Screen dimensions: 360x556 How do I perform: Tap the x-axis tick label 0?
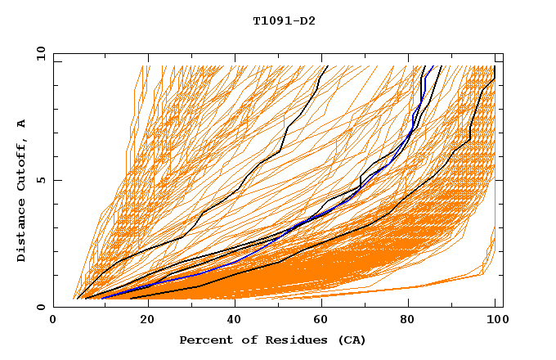tap(53, 321)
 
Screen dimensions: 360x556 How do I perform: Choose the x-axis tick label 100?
tap(495, 321)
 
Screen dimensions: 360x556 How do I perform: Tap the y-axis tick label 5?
tap(41, 180)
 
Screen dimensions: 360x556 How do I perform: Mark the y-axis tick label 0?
tap(41, 307)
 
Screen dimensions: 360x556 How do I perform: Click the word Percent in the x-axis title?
tap(204, 340)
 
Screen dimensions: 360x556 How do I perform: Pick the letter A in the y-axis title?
tap(22, 123)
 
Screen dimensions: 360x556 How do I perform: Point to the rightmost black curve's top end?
tap(495, 66)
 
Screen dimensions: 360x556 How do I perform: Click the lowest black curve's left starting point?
tap(131, 299)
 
